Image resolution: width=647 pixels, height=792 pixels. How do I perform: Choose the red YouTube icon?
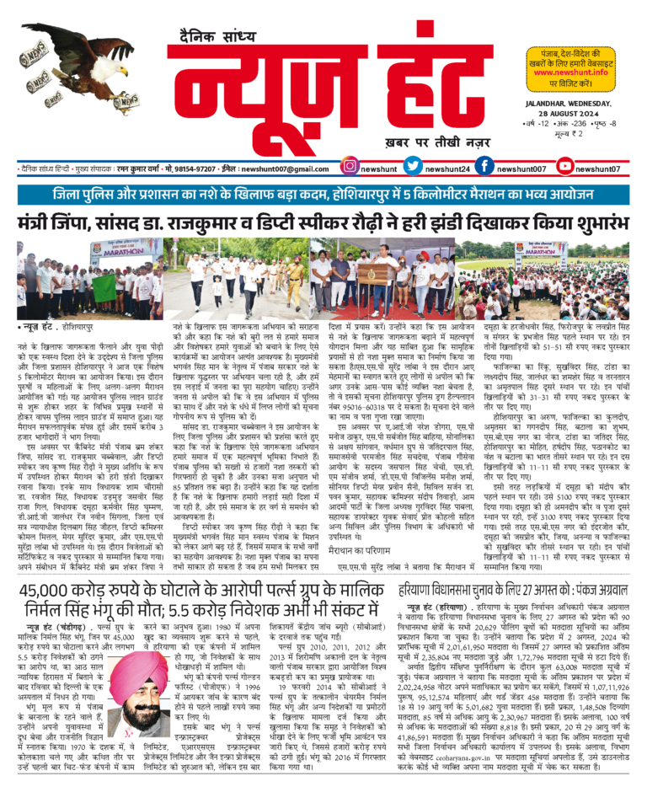(567, 169)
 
